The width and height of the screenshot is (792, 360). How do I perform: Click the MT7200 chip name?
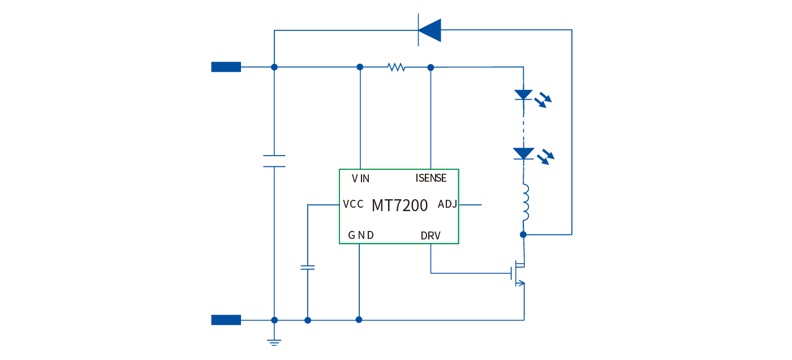pos(399,205)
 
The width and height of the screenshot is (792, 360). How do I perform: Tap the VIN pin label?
pos(360,179)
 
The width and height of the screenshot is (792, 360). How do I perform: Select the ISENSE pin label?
pos(431,178)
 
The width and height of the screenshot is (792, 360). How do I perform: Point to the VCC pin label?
pos(353,204)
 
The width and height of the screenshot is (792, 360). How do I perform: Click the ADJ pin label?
pos(447,204)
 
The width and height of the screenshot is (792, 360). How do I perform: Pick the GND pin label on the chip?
pos(360,235)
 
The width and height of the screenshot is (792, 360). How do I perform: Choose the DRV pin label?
pos(431,235)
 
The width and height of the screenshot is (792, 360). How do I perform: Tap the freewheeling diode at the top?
pos(429,31)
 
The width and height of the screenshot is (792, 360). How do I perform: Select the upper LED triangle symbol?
pos(523,95)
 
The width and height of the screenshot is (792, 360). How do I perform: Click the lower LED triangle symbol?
pos(523,153)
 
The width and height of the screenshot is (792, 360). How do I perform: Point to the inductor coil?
pos(525,203)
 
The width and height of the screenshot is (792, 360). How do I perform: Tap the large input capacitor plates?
pos(274,161)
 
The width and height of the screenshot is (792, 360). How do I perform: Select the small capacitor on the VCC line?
pos(308,267)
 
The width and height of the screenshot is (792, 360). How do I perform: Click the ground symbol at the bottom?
pos(274,340)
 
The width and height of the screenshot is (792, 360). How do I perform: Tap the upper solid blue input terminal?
pos(226,67)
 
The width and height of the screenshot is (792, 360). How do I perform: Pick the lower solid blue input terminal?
pos(226,320)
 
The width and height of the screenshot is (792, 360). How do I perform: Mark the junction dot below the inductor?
pos(523,234)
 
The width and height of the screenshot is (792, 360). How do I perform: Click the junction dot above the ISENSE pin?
pos(431,67)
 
